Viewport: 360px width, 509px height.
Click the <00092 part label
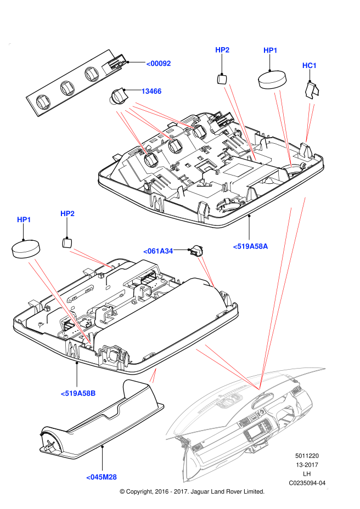point(159,64)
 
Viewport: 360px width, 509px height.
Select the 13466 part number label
point(151,91)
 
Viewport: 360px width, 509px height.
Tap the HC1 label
point(310,66)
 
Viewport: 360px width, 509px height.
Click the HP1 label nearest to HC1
point(271,50)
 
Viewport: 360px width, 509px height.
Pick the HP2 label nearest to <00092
point(222,50)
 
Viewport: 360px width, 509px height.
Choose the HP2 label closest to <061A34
point(67,213)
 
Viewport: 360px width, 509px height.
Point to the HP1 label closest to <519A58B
point(24,219)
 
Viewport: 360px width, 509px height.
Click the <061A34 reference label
point(158,251)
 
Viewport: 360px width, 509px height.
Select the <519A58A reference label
point(250,246)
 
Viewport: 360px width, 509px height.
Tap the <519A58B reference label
point(78,393)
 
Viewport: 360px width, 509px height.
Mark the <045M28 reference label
point(102,477)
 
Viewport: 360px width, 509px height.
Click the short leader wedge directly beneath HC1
point(309,122)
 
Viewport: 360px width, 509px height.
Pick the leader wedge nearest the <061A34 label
point(206,272)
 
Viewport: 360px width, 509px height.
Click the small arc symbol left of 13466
point(113,101)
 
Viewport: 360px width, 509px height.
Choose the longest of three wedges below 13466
point(163,115)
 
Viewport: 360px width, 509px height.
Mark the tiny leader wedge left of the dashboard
point(153,376)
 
